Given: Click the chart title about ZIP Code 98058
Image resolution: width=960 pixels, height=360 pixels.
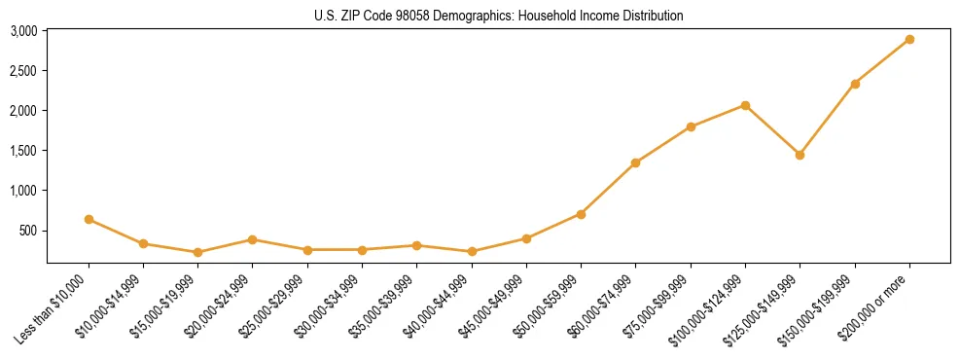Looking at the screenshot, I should click(499, 16).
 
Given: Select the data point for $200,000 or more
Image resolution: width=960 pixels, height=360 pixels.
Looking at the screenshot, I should click(909, 40).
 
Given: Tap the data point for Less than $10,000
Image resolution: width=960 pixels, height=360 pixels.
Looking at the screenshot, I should click(89, 220).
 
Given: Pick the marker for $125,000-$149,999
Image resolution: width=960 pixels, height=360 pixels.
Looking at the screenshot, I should click(800, 155).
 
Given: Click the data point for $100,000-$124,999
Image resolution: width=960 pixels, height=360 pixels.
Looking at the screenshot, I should click(745, 105).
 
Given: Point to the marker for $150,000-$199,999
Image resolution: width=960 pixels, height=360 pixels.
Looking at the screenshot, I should click(855, 84).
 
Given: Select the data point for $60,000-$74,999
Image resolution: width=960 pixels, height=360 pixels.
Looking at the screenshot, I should click(635, 162).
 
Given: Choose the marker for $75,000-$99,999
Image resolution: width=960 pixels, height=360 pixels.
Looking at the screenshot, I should click(691, 126).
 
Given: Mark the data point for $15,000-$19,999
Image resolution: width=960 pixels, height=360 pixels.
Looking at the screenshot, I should click(197, 252).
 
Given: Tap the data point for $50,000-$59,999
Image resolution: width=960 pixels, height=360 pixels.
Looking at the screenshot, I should click(581, 214).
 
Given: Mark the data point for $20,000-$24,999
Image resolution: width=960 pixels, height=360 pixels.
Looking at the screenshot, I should click(252, 239).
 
